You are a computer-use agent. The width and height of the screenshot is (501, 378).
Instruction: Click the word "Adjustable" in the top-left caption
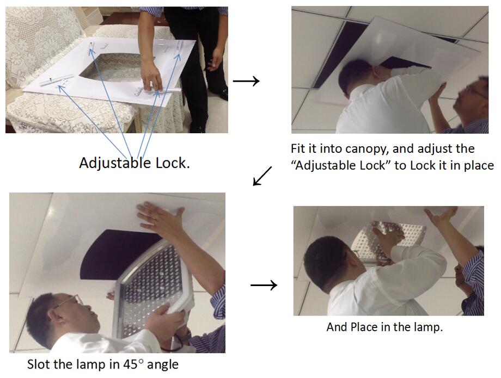pos(115,163)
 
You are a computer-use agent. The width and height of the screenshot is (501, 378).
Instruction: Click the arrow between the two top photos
pos(246,82)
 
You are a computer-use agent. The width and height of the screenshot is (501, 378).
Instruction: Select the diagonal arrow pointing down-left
pos(262,176)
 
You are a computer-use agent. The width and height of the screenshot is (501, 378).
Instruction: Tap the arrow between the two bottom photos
pos(264,285)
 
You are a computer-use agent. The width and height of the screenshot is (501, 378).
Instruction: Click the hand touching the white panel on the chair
pos(152,78)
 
